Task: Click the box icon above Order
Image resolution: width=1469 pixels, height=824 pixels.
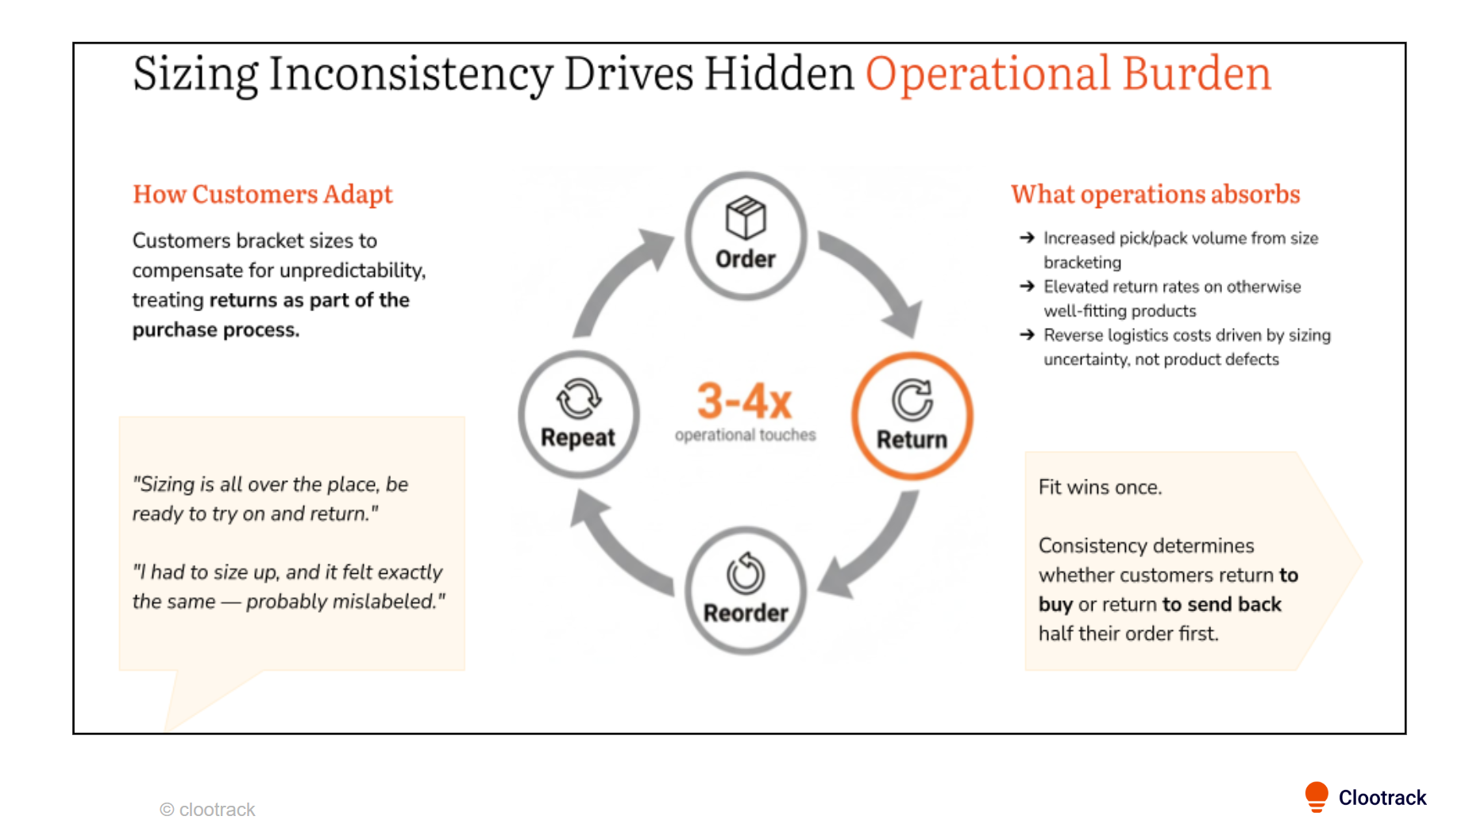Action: tap(745, 218)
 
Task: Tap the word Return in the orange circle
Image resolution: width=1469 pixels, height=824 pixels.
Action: tap(912, 439)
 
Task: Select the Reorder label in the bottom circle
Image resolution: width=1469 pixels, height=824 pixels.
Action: tap(746, 613)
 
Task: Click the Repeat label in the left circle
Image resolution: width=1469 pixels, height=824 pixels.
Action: tap(578, 437)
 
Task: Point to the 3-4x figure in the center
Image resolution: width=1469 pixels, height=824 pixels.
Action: tap(745, 401)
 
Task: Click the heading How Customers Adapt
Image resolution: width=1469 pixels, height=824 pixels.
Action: tap(262, 194)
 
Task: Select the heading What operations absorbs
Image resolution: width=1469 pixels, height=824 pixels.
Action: tap(1155, 194)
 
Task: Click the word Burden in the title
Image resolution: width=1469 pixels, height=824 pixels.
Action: tap(1197, 74)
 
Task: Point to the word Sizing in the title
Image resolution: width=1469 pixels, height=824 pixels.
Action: tap(195, 74)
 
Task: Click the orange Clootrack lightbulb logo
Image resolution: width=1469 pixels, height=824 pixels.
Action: tap(1316, 796)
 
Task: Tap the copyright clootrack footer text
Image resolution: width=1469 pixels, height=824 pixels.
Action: tap(208, 810)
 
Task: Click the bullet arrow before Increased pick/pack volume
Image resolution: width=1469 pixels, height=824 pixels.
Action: tap(1027, 237)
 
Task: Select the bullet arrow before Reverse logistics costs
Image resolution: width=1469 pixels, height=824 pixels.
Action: tap(1027, 335)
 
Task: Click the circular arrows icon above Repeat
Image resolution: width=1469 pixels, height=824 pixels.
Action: tap(578, 398)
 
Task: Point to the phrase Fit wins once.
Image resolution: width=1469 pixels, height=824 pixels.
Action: tap(1100, 487)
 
